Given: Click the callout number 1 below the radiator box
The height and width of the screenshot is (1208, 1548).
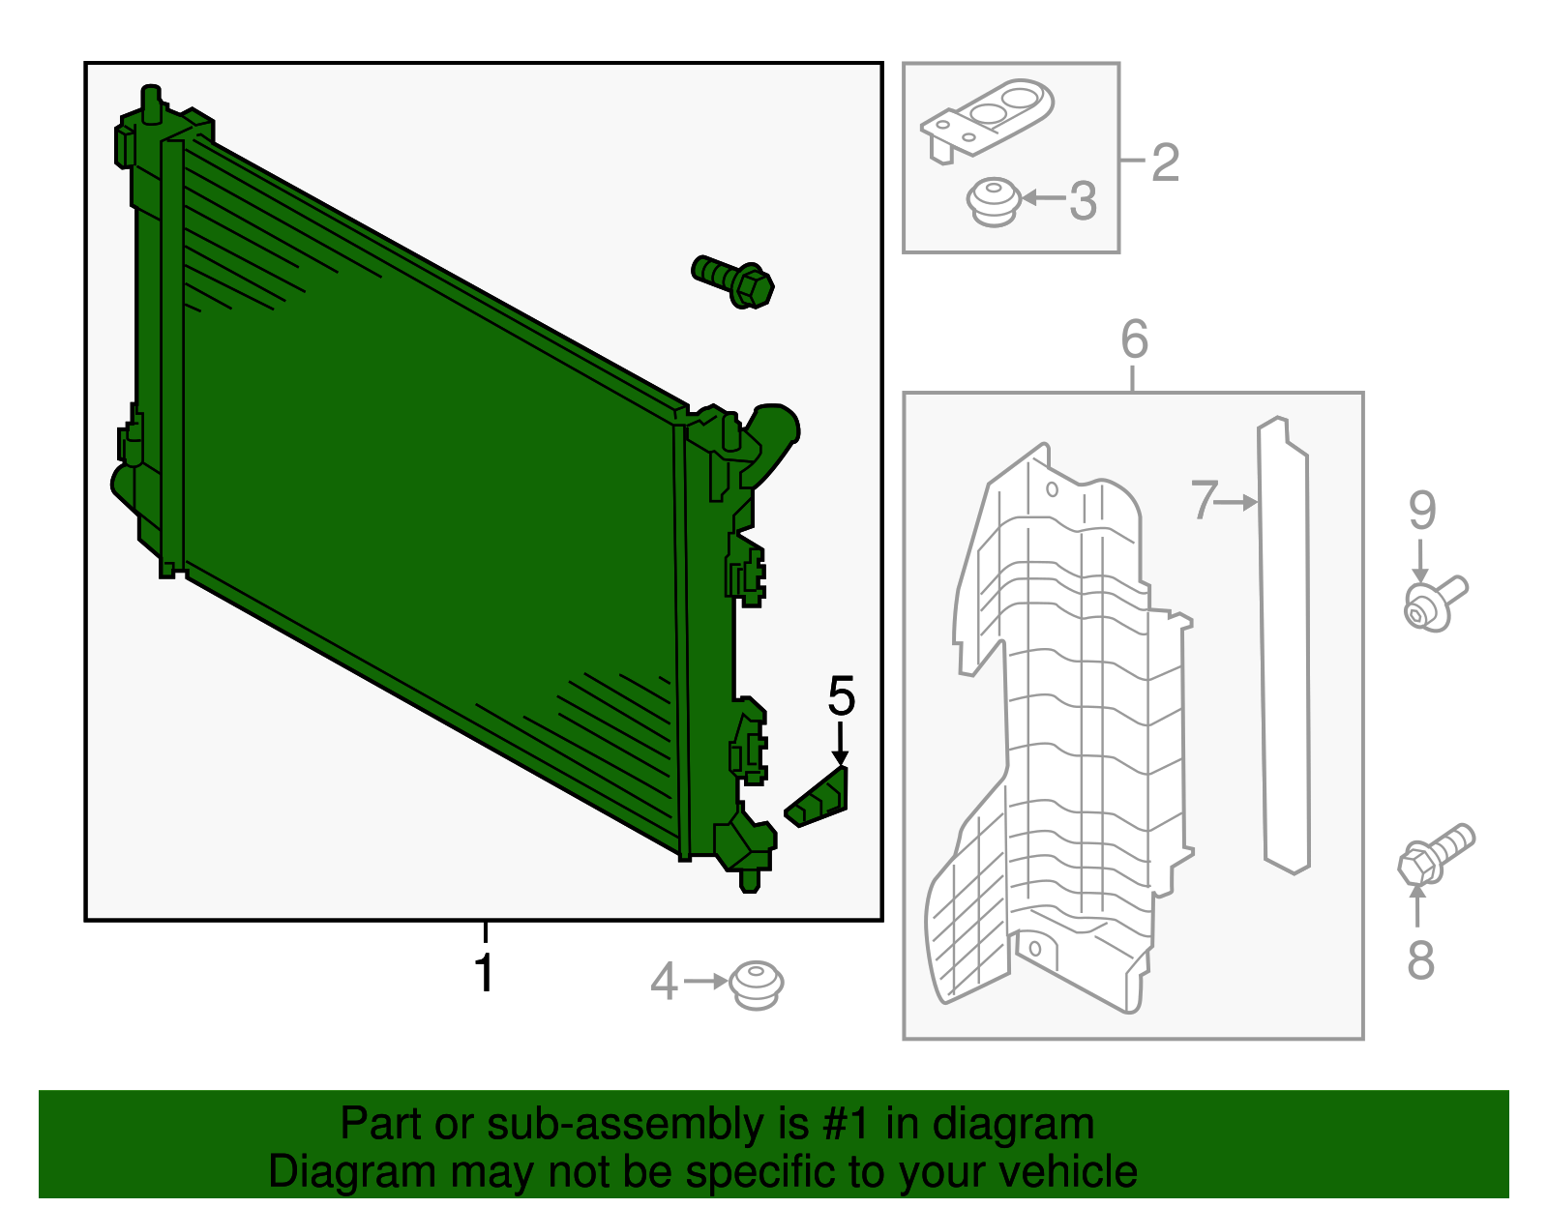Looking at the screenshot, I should point(485,972).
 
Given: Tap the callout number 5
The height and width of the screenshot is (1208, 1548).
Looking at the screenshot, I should point(841,696).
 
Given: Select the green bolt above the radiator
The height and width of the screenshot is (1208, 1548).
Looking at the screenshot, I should point(733,280).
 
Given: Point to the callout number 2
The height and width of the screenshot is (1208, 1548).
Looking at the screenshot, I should point(1165,162).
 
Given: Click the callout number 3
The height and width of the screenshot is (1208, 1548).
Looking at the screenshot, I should point(1083,201).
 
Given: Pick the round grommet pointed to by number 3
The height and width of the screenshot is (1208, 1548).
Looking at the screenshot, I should point(993,201).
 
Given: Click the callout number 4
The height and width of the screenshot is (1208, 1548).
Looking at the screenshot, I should point(663,982).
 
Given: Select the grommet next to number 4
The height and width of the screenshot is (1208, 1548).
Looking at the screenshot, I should point(756,985).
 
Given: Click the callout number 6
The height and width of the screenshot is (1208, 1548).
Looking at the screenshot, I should point(1134,339).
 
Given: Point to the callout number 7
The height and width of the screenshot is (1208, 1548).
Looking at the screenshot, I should point(1203,500).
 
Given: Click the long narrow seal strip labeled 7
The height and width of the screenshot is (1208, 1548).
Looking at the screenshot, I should point(1285,648).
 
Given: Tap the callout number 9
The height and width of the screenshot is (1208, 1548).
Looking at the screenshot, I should point(1421,510).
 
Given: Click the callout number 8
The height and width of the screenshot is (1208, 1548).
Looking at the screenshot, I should point(1420,960).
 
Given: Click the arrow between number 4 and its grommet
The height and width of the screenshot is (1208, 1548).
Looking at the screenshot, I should point(706,982).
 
